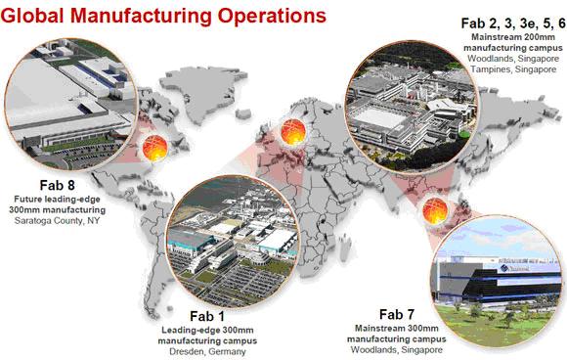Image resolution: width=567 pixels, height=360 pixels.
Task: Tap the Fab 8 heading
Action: coord(57,185)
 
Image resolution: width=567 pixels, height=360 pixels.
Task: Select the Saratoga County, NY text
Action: coord(57,221)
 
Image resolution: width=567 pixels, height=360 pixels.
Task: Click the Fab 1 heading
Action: coord(207,317)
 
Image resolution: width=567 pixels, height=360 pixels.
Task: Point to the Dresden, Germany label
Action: coord(207,351)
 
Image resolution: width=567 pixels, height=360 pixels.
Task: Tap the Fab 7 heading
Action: coord(396,314)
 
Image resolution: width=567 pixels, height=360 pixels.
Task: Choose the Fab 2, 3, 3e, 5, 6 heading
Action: coord(513,23)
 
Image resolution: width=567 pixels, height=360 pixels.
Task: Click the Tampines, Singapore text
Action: coord(513,69)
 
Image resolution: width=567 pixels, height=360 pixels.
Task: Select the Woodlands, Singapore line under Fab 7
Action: coord(396,350)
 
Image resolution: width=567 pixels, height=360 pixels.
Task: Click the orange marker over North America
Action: coord(154,149)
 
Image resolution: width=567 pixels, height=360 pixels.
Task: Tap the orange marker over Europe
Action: coord(293,132)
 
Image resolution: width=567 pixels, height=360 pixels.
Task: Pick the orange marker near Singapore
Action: coord(435,211)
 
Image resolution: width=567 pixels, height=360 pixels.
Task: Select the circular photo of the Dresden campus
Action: coord(233,242)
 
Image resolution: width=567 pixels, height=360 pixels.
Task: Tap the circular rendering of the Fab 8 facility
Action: coord(71,105)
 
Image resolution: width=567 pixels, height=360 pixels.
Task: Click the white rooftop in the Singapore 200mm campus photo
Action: coord(378,117)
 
